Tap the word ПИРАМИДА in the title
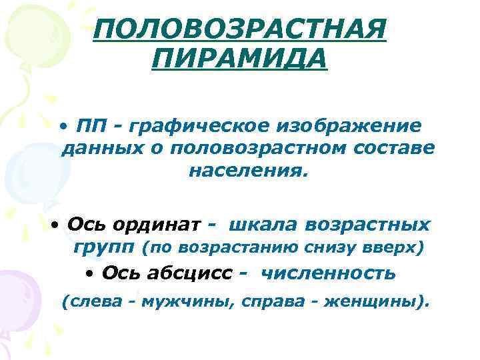click(x=239, y=60)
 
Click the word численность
click(x=328, y=273)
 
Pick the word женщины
click(x=370, y=301)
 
